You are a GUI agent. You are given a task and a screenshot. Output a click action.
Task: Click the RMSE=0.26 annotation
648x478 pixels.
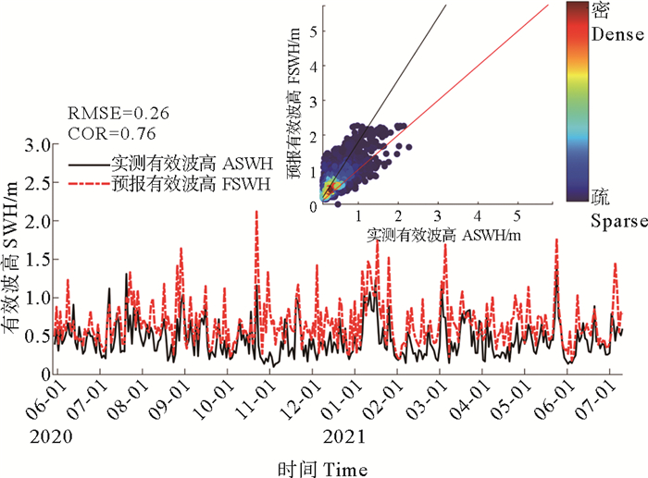112,115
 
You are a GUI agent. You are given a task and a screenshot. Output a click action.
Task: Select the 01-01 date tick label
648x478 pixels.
345,406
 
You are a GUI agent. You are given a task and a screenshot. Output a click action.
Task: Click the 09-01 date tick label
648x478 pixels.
176,406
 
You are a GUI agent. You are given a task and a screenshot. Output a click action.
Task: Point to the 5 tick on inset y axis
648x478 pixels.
315,31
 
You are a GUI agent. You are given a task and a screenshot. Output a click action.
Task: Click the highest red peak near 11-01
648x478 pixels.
255,213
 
